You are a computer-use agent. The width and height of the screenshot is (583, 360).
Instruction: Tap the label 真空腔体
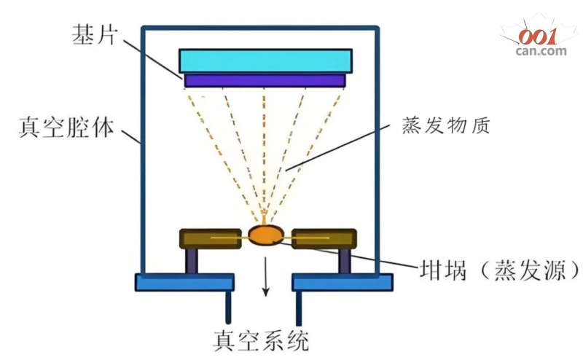[x=66, y=129]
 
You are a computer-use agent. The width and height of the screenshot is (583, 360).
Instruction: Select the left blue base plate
[x=184, y=282]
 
